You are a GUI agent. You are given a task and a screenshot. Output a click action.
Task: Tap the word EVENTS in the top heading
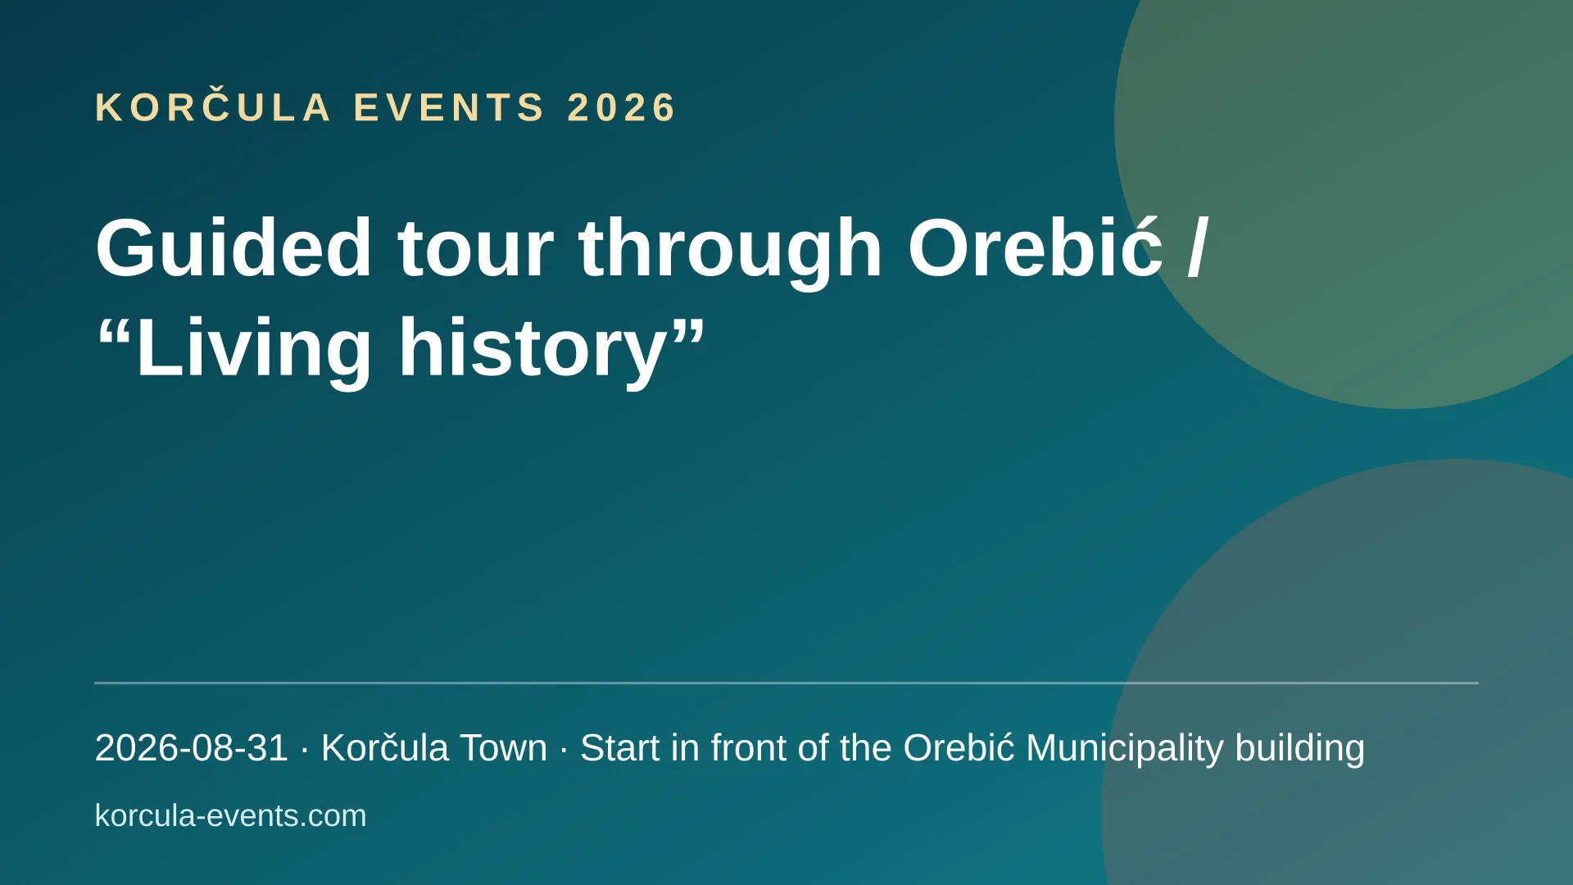[449, 107]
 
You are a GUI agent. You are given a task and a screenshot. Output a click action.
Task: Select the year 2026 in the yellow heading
[622, 107]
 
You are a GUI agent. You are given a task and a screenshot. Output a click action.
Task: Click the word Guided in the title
[234, 247]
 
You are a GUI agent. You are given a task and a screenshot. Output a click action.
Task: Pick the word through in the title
[731, 249]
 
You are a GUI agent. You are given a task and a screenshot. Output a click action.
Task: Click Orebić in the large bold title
[1036, 247]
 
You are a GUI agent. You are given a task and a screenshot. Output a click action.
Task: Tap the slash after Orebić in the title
[1197, 247]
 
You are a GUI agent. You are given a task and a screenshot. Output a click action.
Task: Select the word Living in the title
[255, 348]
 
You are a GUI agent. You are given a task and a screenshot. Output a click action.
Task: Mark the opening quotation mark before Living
[115, 329]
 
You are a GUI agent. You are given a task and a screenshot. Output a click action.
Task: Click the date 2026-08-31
[192, 748]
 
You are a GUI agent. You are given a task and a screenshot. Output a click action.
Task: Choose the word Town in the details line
[503, 748]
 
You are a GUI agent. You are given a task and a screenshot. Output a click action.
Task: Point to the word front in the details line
[750, 748]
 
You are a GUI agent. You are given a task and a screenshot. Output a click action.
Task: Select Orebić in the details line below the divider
[959, 747]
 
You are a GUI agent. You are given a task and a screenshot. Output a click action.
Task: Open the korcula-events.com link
[231, 816]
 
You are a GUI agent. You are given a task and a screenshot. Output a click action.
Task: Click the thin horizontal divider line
[786, 683]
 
